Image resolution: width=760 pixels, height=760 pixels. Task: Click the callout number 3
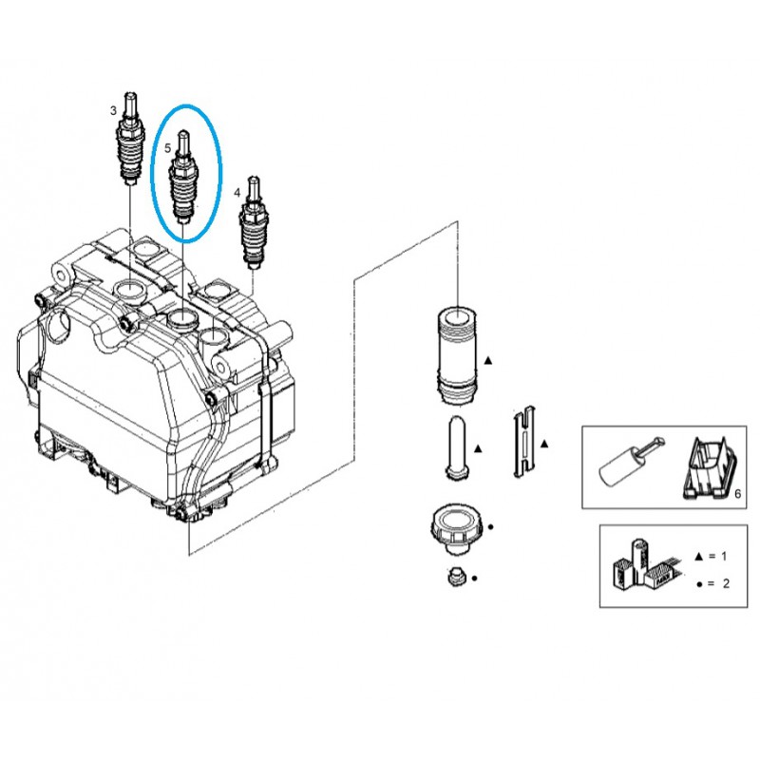click(114, 111)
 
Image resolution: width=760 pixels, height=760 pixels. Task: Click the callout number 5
click(167, 148)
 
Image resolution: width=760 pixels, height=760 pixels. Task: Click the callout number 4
click(237, 192)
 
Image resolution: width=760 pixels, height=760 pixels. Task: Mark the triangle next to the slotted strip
click(544, 443)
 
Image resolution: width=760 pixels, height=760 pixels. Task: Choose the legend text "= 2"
click(719, 583)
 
